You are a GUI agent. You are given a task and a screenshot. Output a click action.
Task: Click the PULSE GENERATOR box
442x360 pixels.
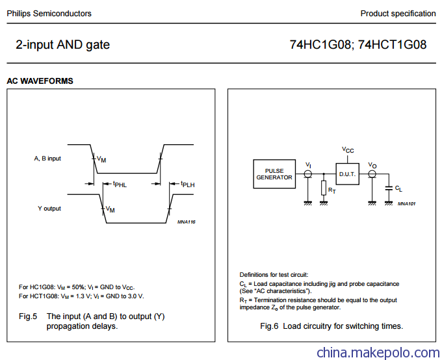point(274,174)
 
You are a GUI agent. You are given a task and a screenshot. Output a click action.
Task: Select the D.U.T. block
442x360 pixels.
point(347,174)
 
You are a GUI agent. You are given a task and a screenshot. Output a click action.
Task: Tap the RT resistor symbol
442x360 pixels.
point(324,188)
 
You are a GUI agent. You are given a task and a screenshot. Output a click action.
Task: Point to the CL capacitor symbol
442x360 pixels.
point(389,188)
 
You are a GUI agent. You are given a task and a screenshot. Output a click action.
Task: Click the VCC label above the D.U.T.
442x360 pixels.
point(348,149)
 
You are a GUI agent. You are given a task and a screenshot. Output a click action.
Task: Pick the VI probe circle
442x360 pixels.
point(308,174)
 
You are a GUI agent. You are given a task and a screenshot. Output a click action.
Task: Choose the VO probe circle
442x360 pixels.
point(372,174)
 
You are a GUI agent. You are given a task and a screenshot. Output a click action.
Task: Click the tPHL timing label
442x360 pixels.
point(120,185)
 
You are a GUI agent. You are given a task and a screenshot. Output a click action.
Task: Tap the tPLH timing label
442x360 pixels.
point(188,185)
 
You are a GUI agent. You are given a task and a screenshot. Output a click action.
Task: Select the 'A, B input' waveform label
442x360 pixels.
point(47,159)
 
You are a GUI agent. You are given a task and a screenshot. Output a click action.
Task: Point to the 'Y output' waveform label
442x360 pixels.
point(49,209)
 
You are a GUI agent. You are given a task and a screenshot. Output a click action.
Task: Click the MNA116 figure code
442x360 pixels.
point(187,222)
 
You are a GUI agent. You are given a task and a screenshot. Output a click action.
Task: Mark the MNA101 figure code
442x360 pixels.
point(406,203)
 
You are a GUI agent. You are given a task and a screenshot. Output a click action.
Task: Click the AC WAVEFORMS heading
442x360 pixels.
point(40,81)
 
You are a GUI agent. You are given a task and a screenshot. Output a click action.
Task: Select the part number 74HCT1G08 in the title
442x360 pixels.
point(393,45)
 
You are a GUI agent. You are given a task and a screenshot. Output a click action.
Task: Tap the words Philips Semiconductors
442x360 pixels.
point(49,14)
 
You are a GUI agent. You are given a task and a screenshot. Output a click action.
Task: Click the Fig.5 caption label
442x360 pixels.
point(28,316)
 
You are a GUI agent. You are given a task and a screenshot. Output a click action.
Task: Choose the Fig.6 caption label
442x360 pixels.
point(269,326)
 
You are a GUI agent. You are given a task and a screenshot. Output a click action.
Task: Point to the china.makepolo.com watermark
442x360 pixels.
point(378,353)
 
